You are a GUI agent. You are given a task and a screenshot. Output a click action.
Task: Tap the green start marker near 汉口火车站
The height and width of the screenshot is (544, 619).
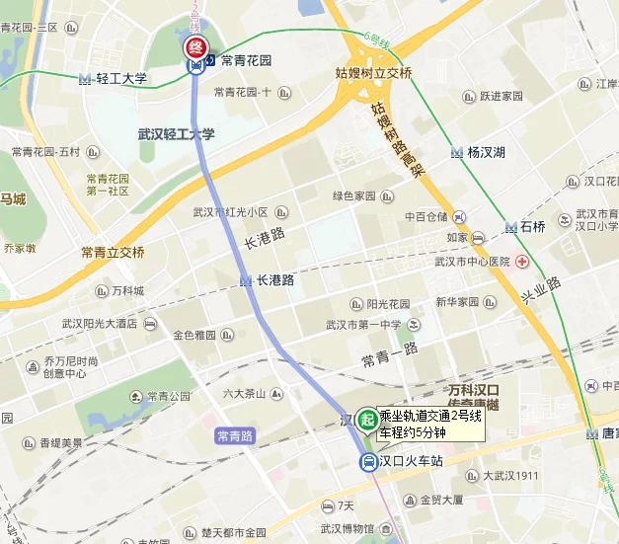click(x=367, y=420)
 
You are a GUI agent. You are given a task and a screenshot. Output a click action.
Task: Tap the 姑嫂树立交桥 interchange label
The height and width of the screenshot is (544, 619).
click(x=373, y=74)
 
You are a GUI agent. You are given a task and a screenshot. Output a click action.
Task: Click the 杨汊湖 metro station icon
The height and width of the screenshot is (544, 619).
click(x=456, y=152)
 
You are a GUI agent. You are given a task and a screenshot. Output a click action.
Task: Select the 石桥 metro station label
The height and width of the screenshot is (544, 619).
click(x=532, y=227)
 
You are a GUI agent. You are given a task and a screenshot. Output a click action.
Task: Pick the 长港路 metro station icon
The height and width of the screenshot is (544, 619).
click(x=245, y=280)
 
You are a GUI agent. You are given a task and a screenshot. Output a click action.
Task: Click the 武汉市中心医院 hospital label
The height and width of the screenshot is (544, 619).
click(x=472, y=262)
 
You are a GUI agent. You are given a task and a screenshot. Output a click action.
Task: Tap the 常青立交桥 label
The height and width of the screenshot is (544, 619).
click(x=113, y=252)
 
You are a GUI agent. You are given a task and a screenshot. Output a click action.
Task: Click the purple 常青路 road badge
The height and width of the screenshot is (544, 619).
click(x=235, y=434)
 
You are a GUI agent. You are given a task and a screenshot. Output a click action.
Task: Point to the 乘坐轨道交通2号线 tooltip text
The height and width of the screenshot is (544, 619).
click(x=431, y=417)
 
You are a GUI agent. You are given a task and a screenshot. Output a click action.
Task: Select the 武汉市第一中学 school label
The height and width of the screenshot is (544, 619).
click(x=364, y=325)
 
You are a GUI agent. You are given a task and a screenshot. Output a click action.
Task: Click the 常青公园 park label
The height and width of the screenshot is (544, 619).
click(x=168, y=396)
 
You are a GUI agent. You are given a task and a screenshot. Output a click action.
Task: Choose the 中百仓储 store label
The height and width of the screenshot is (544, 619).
click(x=426, y=216)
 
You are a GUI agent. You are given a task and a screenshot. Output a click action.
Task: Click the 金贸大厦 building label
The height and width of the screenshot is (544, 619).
click(x=441, y=499)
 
